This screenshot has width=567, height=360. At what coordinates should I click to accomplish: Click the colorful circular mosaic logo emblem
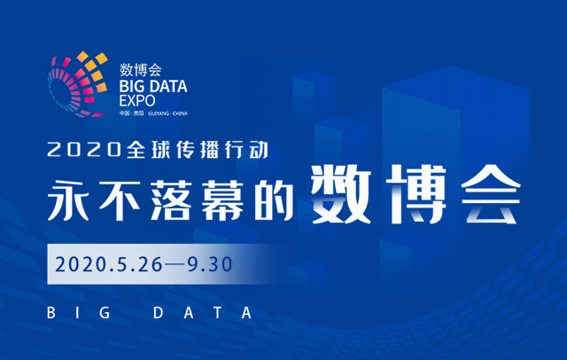(77, 84)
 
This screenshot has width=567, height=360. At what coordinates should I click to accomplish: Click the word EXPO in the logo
(137, 100)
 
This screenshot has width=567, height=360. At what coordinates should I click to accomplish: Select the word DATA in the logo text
(168, 86)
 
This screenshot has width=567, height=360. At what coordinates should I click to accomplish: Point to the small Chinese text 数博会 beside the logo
(140, 70)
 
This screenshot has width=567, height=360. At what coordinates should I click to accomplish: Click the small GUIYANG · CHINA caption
(167, 113)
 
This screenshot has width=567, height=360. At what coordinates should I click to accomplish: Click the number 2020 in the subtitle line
(84, 150)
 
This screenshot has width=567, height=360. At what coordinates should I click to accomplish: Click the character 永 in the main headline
(69, 200)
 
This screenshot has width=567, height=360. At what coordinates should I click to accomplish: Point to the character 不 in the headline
(120, 200)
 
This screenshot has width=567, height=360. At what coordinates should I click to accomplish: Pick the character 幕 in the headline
(222, 200)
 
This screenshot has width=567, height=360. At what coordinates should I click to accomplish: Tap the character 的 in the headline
(274, 200)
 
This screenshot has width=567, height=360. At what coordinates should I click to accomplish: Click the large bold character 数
(340, 194)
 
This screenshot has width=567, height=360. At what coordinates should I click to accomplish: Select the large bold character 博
(416, 194)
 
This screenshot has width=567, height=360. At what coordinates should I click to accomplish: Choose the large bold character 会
(491, 194)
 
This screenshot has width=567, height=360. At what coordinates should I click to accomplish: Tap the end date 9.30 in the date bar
(210, 264)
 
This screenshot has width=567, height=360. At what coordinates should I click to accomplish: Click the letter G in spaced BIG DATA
(105, 313)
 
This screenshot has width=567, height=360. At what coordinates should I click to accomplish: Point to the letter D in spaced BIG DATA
(158, 313)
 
